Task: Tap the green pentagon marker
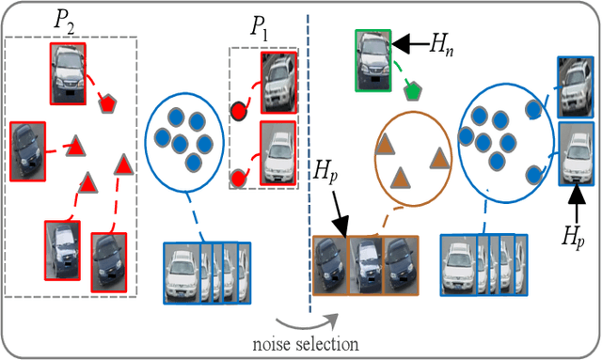tap(412, 90)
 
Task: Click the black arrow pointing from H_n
tap(407, 41)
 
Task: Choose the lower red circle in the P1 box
tap(239, 177)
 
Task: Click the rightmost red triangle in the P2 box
tap(123, 166)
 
